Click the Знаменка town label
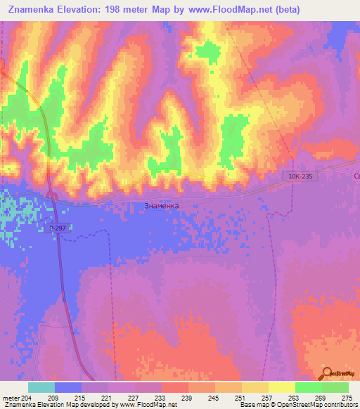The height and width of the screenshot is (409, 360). [x=161, y=206]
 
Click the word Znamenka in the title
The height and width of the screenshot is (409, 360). [x=36, y=10]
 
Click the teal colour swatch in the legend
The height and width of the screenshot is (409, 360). [x=41, y=387]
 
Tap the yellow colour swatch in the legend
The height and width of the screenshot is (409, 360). [x=281, y=387]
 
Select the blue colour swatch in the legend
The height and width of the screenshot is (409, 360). [x=68, y=387]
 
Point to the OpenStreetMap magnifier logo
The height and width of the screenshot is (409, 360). [x=328, y=375]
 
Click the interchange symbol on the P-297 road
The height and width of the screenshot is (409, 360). [x=51, y=195]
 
